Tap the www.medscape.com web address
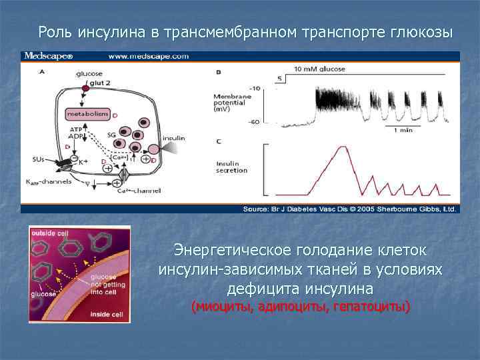pos(148,57)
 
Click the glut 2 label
pos(98,83)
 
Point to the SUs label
pos(38,159)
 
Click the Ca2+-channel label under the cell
pos(139,191)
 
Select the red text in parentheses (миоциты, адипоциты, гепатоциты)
pos(301,307)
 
